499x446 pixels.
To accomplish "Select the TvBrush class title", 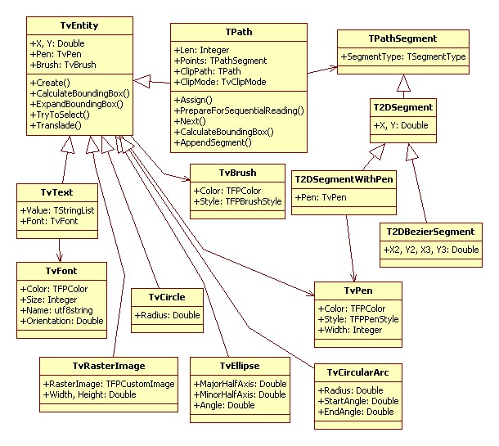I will click(237, 173).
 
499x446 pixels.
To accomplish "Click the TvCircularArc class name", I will click(357, 373).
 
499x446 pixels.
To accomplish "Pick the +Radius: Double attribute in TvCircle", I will click(164, 315).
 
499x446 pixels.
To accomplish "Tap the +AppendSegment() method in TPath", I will click(213, 142).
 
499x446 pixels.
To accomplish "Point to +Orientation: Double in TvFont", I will click(62, 322).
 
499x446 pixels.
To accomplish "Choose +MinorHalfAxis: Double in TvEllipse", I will click(239, 394).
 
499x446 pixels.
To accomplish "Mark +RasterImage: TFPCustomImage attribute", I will click(98, 384).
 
